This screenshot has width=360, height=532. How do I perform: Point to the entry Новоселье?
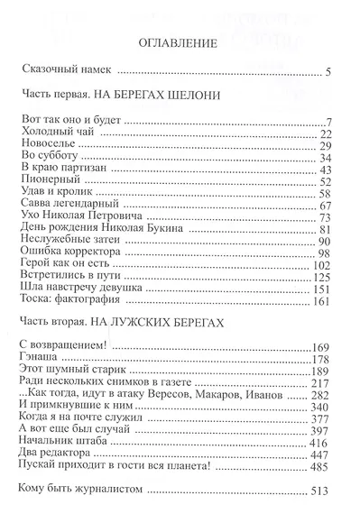click(x=47, y=144)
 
